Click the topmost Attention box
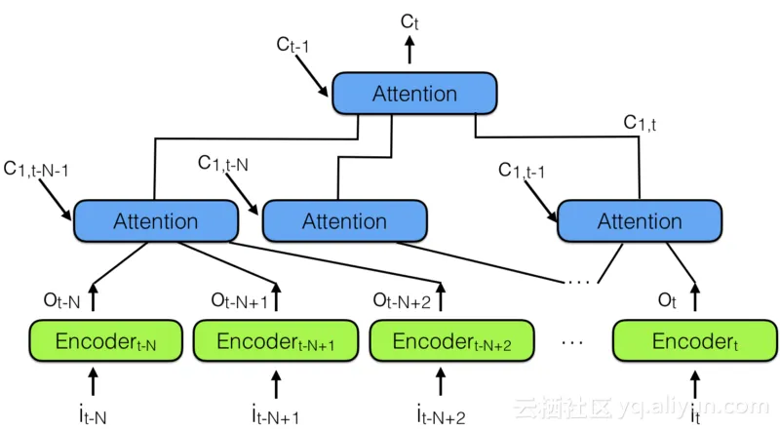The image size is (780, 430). [414, 94]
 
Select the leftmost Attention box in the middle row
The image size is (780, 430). [156, 221]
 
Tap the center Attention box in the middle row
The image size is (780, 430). [344, 221]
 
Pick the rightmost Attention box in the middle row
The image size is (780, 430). [639, 221]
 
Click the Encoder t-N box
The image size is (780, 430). [105, 342]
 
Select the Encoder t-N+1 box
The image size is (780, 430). [274, 342]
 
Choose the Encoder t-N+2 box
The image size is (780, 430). [451, 342]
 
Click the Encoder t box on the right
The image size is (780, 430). [691, 342]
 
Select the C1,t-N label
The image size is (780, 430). [223, 163]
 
